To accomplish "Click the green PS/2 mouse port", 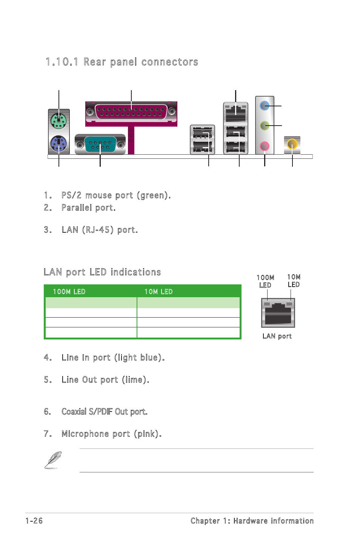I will click(x=58, y=121).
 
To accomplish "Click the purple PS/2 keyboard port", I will click(x=58, y=143).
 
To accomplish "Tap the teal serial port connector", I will click(x=100, y=144).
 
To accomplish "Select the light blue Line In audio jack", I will click(x=265, y=106).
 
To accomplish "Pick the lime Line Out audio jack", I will click(x=265, y=125).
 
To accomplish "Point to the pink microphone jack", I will click(x=265, y=146).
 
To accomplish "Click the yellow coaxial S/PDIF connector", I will click(x=292, y=144).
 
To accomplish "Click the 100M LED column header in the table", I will click(x=69, y=292).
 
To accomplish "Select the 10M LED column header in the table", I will click(x=158, y=292).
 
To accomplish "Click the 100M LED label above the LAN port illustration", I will click(x=265, y=281).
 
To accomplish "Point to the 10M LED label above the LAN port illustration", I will click(x=294, y=281).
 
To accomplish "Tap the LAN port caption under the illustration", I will click(x=277, y=336).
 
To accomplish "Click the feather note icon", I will click(x=53, y=460).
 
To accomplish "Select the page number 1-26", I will click(x=34, y=521).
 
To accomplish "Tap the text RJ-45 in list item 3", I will click(x=99, y=230).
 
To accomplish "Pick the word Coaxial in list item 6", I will click(x=74, y=411).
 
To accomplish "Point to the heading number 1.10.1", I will click(x=62, y=62).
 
